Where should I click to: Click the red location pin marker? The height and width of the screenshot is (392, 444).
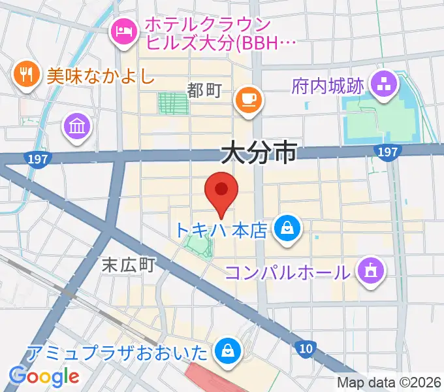click(x=221, y=191)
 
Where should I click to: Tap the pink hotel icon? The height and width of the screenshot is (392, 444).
click(x=124, y=30)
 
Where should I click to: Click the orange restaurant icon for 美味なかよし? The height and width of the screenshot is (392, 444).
click(x=26, y=74)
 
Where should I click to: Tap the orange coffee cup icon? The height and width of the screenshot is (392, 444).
click(x=249, y=99)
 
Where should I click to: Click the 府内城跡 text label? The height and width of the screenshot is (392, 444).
click(x=328, y=86)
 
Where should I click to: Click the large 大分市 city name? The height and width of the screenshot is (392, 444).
click(x=258, y=154)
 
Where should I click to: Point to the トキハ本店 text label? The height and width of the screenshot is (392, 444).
click(x=222, y=231)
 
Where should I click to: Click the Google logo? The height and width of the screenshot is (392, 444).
click(x=44, y=376)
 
